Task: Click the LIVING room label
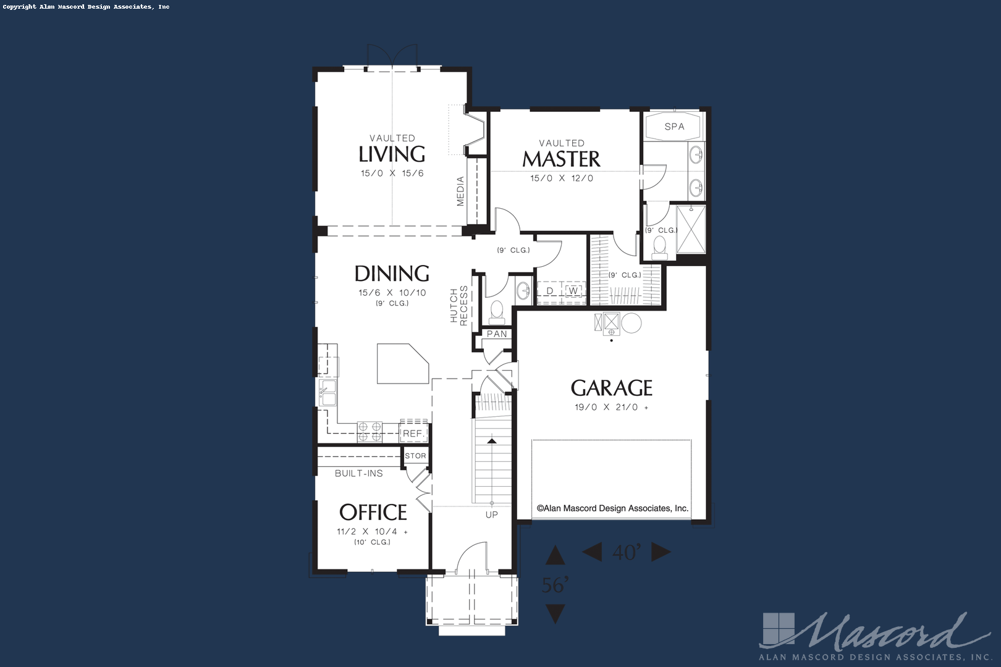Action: [392, 154]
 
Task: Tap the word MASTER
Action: [561, 159]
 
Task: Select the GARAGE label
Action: [611, 388]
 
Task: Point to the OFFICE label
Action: [373, 513]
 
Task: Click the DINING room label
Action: [392, 274]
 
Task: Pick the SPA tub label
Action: [674, 127]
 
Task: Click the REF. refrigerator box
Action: [413, 432]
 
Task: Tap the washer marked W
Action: [574, 291]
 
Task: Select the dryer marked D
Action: [550, 291]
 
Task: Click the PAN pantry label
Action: [497, 333]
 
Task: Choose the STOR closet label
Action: [415, 456]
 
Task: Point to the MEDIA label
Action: [461, 191]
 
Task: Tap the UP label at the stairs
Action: [492, 514]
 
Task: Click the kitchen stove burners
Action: [370, 432]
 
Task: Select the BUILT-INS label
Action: [359, 474]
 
